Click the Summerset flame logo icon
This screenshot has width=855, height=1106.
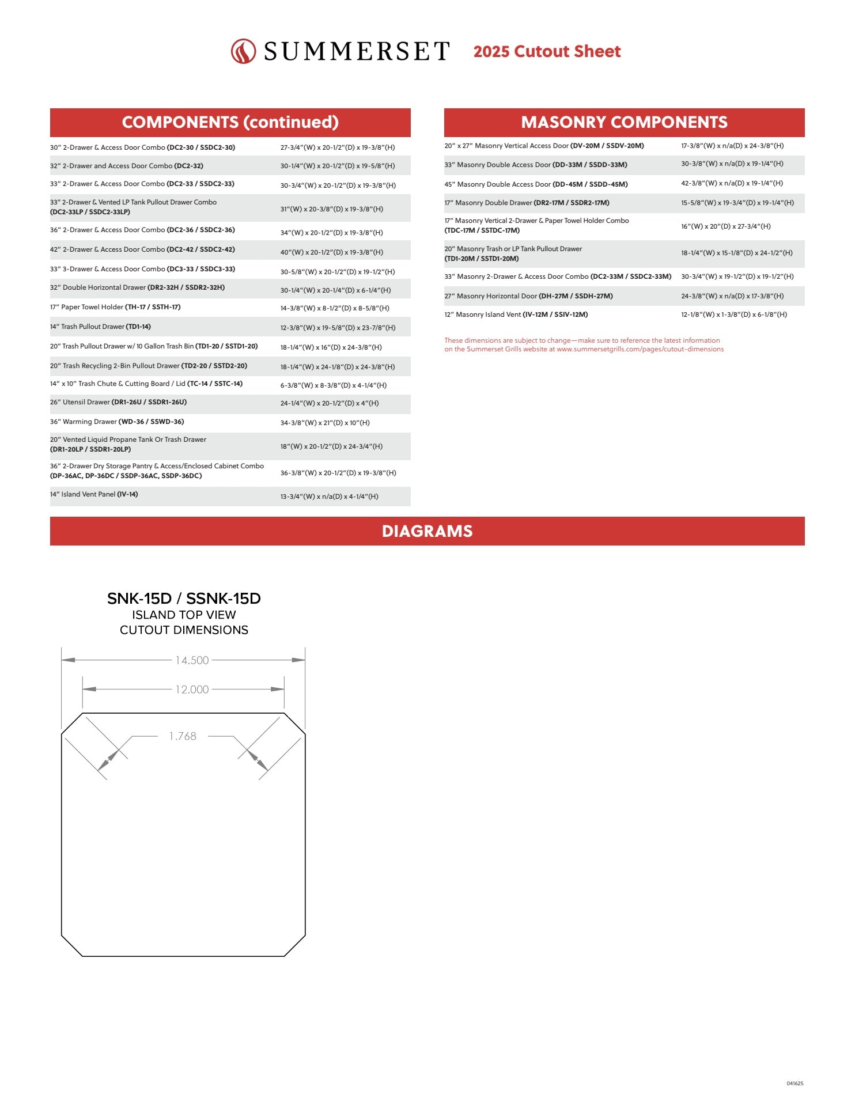click(x=243, y=51)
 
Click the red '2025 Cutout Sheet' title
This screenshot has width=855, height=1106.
click(x=547, y=51)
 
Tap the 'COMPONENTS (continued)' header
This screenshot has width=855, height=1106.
click(x=230, y=122)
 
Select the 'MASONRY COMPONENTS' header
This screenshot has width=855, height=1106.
click(x=624, y=122)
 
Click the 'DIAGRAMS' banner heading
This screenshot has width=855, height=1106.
click(x=427, y=531)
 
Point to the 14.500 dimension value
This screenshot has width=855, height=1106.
click(x=192, y=660)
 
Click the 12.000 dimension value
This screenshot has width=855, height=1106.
click(x=192, y=690)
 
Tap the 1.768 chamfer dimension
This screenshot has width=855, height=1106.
click(x=183, y=736)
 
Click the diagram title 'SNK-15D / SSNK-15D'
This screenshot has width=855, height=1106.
click(x=184, y=599)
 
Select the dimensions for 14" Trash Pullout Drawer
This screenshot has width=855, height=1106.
click(x=338, y=328)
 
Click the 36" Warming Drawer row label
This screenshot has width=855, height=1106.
click(x=117, y=422)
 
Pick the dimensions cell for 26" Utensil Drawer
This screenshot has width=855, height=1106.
click(x=330, y=403)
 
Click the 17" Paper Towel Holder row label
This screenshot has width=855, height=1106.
click(x=115, y=307)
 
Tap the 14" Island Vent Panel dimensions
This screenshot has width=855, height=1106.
click(x=329, y=497)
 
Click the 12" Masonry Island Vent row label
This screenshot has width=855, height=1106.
click(x=516, y=315)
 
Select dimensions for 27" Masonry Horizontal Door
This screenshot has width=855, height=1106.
click(x=732, y=296)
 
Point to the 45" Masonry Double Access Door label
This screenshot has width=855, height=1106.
click(x=536, y=184)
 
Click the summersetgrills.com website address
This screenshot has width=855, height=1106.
click(x=640, y=349)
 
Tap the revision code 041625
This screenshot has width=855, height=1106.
click(x=795, y=1084)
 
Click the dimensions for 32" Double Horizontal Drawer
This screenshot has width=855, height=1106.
click(x=335, y=290)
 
